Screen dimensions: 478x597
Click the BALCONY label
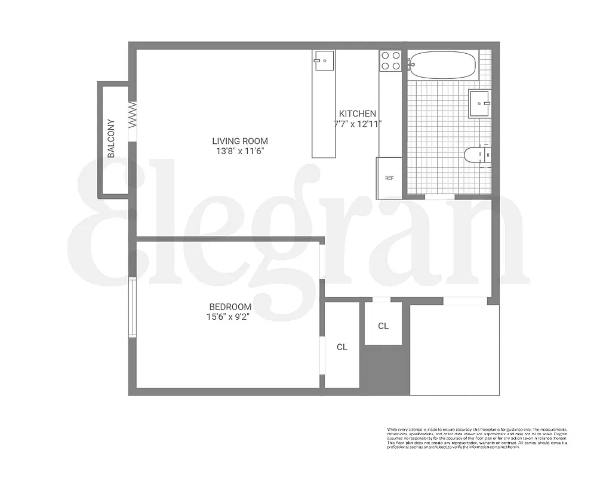pyautogui.click(x=111, y=139)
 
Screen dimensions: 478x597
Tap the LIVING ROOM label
pyautogui.click(x=240, y=141)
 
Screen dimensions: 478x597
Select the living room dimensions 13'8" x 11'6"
pyautogui.click(x=240, y=151)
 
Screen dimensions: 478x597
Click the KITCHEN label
pyautogui.click(x=358, y=114)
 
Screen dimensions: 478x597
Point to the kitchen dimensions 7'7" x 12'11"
pyautogui.click(x=358, y=124)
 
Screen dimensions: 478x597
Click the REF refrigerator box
pyautogui.click(x=389, y=178)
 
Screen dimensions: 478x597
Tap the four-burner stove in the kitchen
pyautogui.click(x=390, y=61)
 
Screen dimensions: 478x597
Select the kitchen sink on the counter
pyautogui.click(x=324, y=60)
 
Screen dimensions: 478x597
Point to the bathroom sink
pyautogui.click(x=479, y=104)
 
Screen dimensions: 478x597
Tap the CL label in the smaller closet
pyautogui.click(x=383, y=326)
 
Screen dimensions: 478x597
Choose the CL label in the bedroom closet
pyautogui.click(x=342, y=347)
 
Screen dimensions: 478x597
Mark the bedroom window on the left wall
pyautogui.click(x=132, y=307)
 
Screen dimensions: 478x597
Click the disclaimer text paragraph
pyautogui.click(x=477, y=439)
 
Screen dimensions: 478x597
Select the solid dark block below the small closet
pyautogui.click(x=384, y=369)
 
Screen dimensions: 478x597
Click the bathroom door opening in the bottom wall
pyautogui.click(x=439, y=197)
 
